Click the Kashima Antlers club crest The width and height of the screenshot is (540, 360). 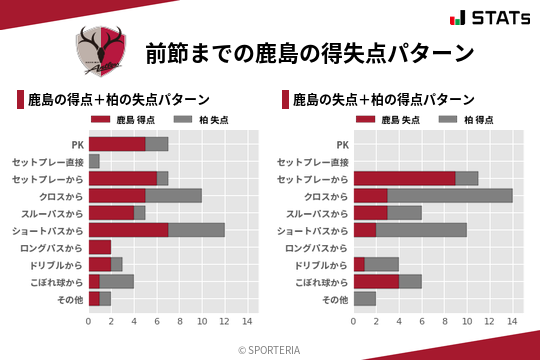point(104,51)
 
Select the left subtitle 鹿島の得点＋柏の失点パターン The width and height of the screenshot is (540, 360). point(118,100)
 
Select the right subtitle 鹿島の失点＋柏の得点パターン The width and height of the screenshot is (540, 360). point(383,100)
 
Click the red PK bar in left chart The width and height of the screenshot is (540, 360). point(117,144)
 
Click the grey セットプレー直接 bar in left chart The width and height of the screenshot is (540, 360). point(94,161)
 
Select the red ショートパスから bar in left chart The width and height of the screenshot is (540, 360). point(128,230)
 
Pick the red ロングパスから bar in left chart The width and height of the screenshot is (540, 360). point(100,247)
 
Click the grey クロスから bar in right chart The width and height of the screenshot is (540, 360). point(450,195)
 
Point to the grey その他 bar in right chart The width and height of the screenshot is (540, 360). point(365,298)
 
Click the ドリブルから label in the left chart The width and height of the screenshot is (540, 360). point(56,264)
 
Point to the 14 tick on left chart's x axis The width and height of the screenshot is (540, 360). point(247,321)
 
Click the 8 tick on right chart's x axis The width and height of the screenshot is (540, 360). point(444,321)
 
